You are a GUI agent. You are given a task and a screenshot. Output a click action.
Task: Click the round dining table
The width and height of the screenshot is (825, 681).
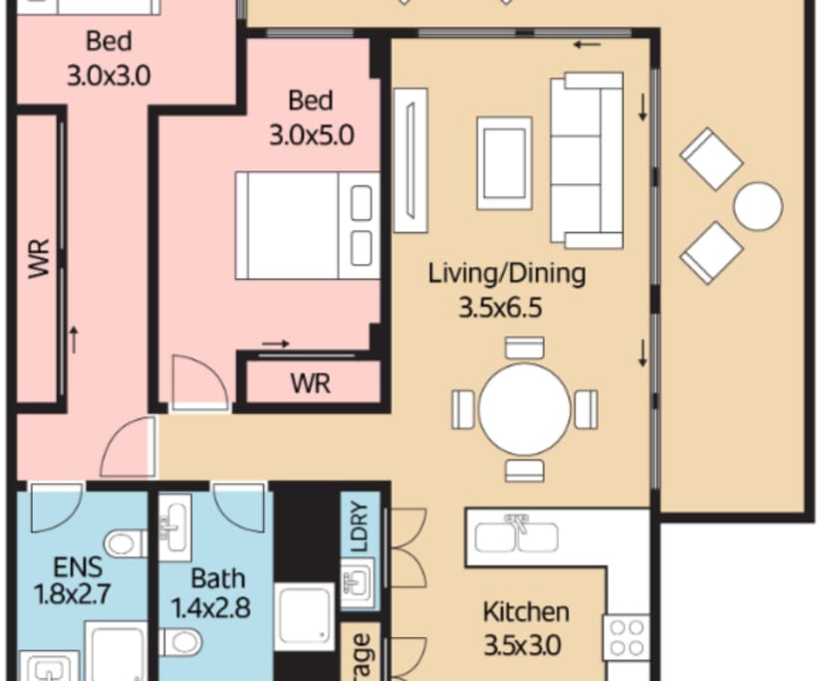click(x=524, y=408)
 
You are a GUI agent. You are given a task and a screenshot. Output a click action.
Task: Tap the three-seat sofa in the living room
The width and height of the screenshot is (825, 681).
click(x=587, y=159)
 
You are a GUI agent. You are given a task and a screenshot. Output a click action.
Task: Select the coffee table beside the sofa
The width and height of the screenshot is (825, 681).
click(x=504, y=163)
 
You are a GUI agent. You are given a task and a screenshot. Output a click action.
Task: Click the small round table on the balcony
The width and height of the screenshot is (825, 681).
click(x=758, y=206)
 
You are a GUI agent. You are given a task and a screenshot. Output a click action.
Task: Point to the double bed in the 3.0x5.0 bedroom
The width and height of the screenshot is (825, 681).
click(x=307, y=226)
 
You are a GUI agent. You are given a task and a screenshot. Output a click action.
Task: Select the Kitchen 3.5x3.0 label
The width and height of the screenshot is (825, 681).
click(x=526, y=627)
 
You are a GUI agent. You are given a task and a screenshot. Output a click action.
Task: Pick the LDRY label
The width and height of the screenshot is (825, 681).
click(x=360, y=527)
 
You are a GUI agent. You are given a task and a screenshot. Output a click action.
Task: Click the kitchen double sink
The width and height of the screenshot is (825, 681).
click(x=515, y=535)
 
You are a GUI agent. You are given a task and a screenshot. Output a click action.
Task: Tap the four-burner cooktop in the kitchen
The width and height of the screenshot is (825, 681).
click(x=628, y=637)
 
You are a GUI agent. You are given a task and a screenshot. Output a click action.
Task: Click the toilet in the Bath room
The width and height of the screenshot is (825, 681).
click(x=181, y=642)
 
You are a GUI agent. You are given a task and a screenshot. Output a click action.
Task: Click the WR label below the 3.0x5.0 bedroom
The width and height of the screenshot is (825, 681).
click(x=310, y=383)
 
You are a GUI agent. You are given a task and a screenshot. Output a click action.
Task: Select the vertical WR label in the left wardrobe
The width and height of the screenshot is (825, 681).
click(x=39, y=261)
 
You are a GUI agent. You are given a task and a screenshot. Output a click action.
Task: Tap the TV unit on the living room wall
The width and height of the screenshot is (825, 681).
click(x=411, y=158)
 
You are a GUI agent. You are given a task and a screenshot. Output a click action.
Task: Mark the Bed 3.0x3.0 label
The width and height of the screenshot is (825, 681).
click(x=109, y=58)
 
